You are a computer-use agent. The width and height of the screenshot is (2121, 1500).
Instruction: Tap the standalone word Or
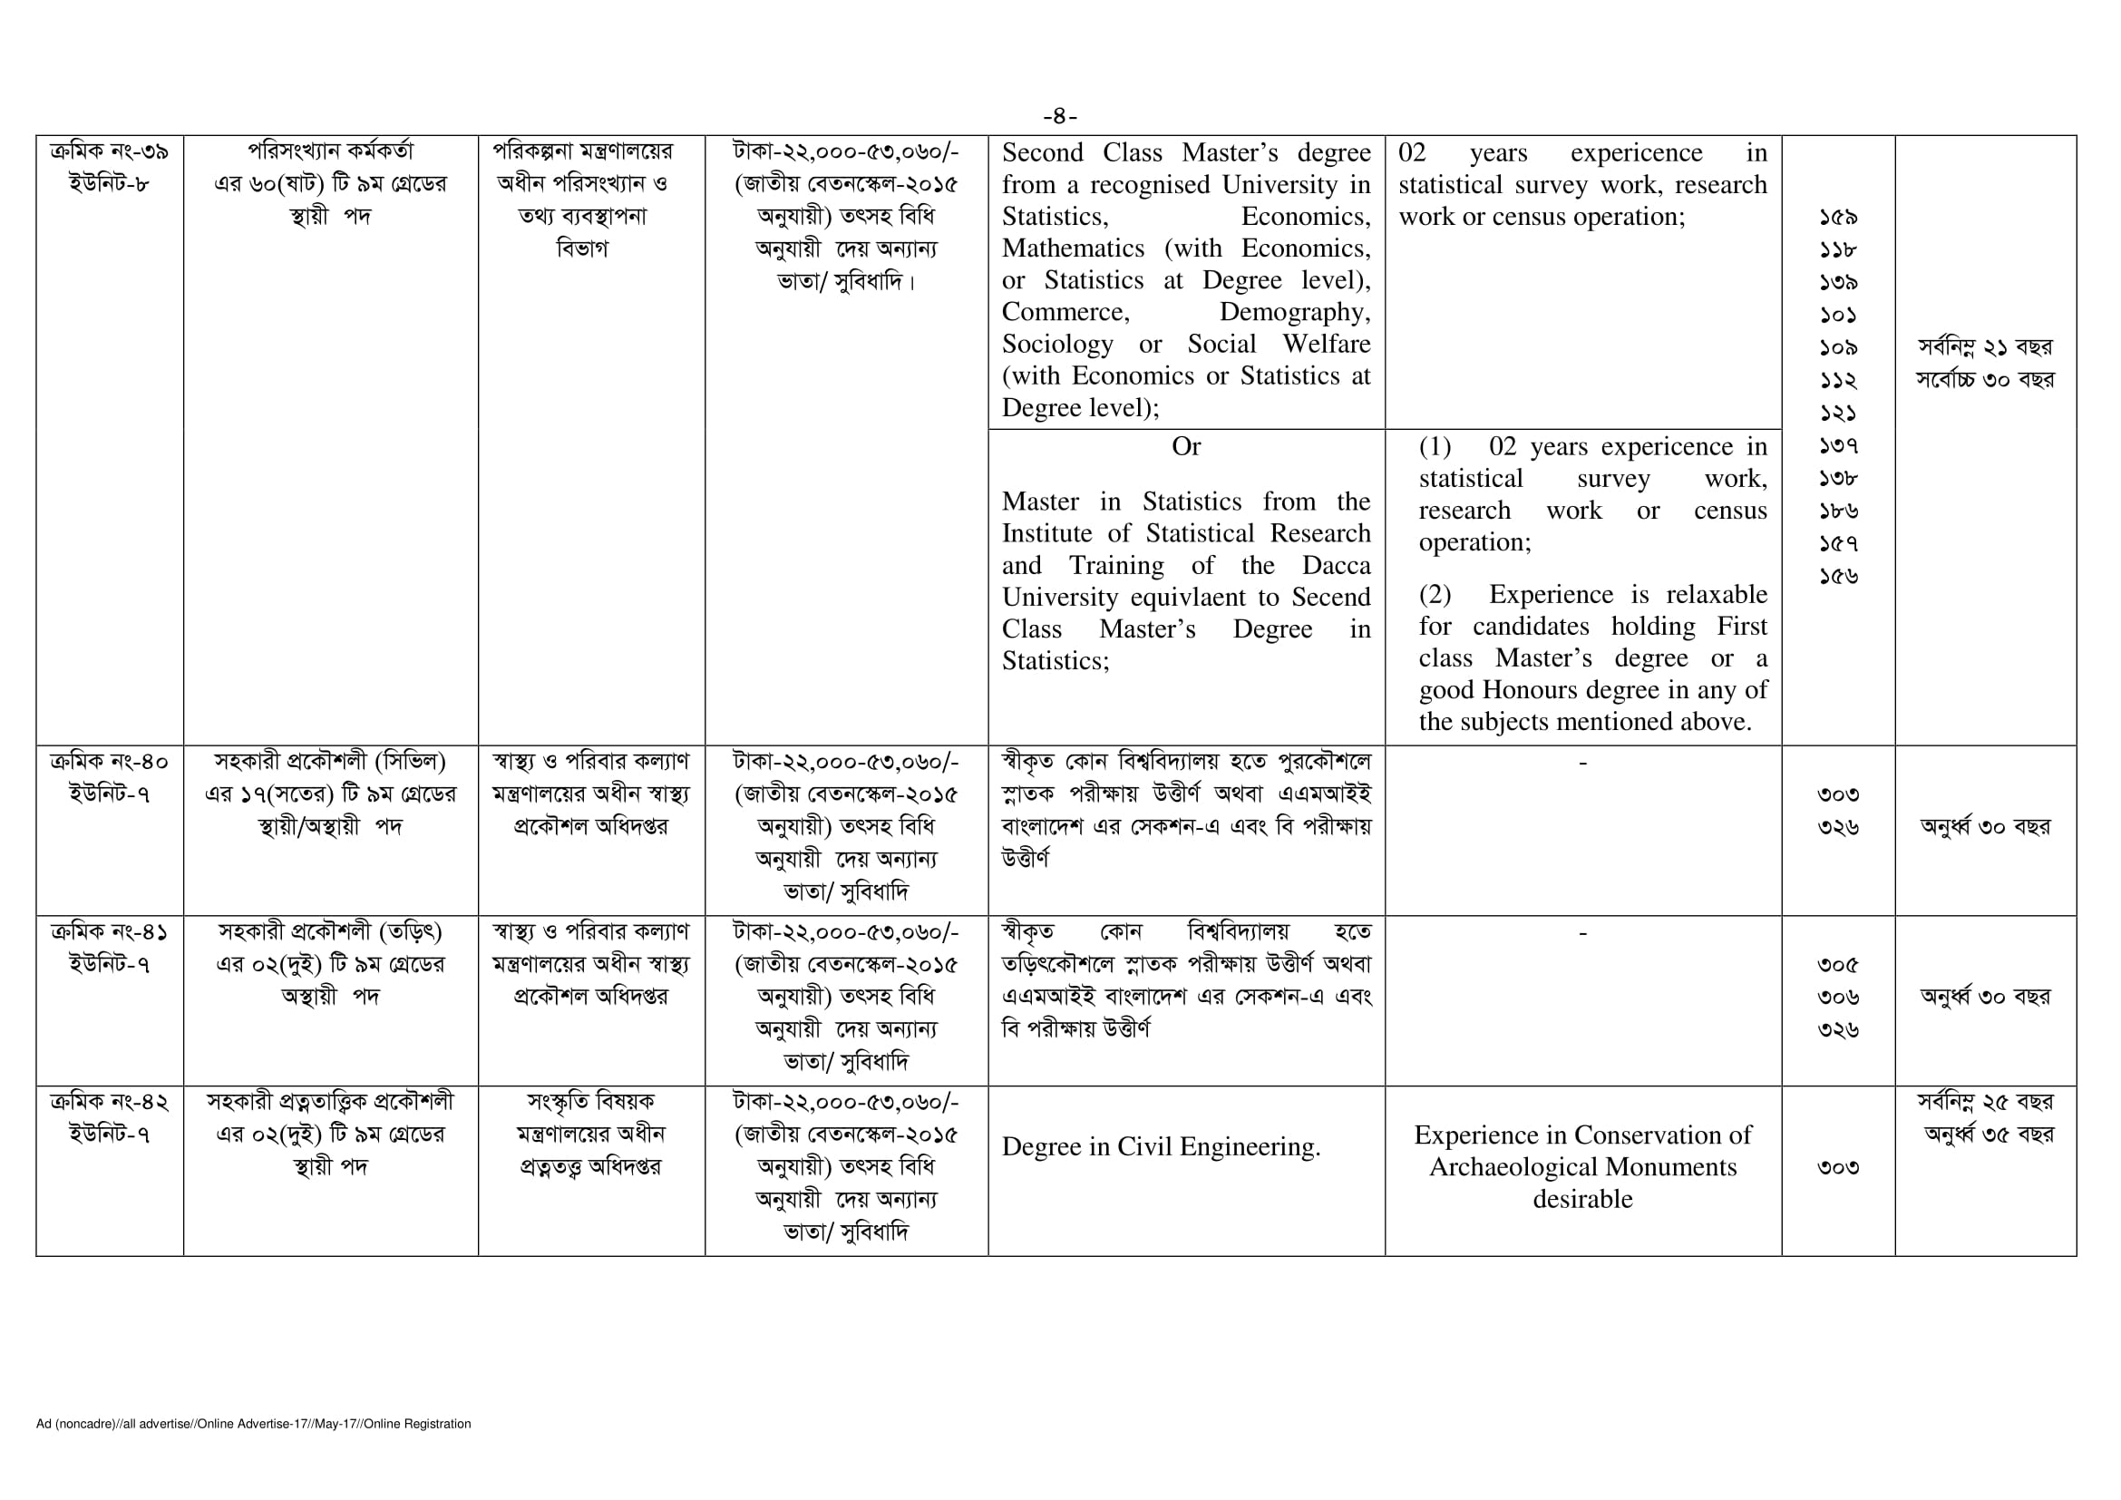tap(1185, 447)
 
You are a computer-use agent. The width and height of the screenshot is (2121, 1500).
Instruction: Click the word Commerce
tap(1065, 312)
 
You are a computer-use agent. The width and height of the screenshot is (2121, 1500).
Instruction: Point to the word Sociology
tap(1056, 345)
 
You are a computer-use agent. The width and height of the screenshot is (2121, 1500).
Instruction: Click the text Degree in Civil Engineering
tap(1161, 1147)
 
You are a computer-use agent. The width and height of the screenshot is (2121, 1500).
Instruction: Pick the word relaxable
tap(1717, 595)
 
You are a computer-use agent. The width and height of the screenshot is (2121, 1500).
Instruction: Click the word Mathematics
tap(1073, 248)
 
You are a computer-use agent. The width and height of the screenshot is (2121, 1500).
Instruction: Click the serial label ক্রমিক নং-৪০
tap(109, 762)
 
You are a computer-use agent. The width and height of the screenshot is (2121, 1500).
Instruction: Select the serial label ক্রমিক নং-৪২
tap(109, 1102)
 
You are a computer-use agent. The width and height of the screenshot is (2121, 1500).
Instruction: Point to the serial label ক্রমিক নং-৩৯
tap(109, 151)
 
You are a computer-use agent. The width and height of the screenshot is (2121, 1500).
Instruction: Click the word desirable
tap(1581, 1200)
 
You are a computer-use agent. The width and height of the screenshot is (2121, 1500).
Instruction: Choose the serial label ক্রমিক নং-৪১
tap(109, 932)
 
